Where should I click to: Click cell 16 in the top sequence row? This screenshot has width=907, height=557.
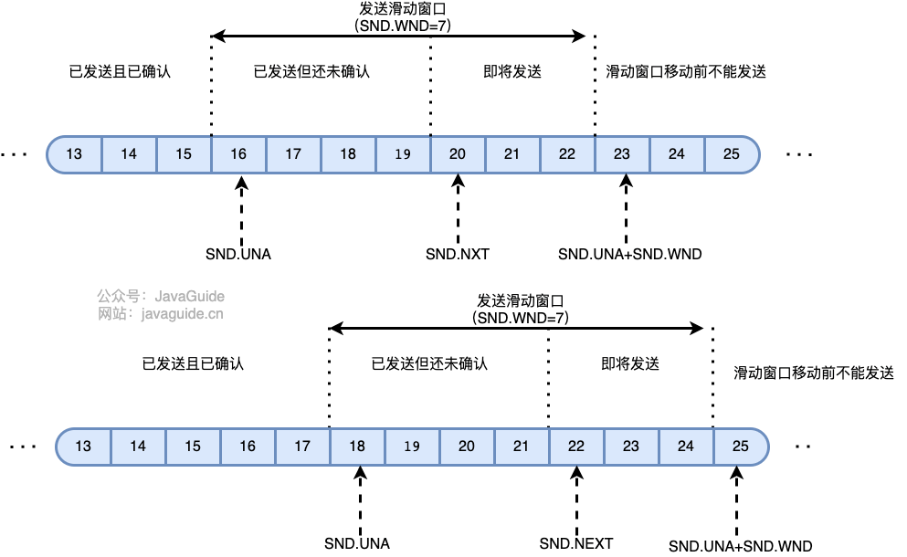coord(238,154)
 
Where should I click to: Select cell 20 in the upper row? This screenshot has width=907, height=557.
coord(458,154)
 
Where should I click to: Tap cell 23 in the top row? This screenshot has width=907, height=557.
coord(622,154)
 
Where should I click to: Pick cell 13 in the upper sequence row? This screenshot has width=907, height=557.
coord(74,154)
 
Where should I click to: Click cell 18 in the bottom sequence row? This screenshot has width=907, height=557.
coord(357,447)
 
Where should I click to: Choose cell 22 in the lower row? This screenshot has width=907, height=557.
coord(576,447)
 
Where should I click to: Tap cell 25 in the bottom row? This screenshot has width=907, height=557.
coord(741,447)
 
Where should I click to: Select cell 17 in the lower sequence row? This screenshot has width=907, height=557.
coord(302,447)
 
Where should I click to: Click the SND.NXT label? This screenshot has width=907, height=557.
coord(458,254)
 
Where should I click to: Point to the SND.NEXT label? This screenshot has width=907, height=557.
coord(576,543)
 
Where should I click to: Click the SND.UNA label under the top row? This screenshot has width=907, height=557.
coord(239,254)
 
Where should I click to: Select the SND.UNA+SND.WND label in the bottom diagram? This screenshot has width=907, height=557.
coord(740,546)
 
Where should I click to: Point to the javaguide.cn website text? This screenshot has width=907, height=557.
coord(182,313)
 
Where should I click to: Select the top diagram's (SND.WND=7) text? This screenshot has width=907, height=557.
coord(403,26)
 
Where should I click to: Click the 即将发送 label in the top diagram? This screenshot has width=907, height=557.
coord(512,71)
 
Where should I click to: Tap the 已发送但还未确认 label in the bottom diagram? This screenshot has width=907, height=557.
coord(429,363)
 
